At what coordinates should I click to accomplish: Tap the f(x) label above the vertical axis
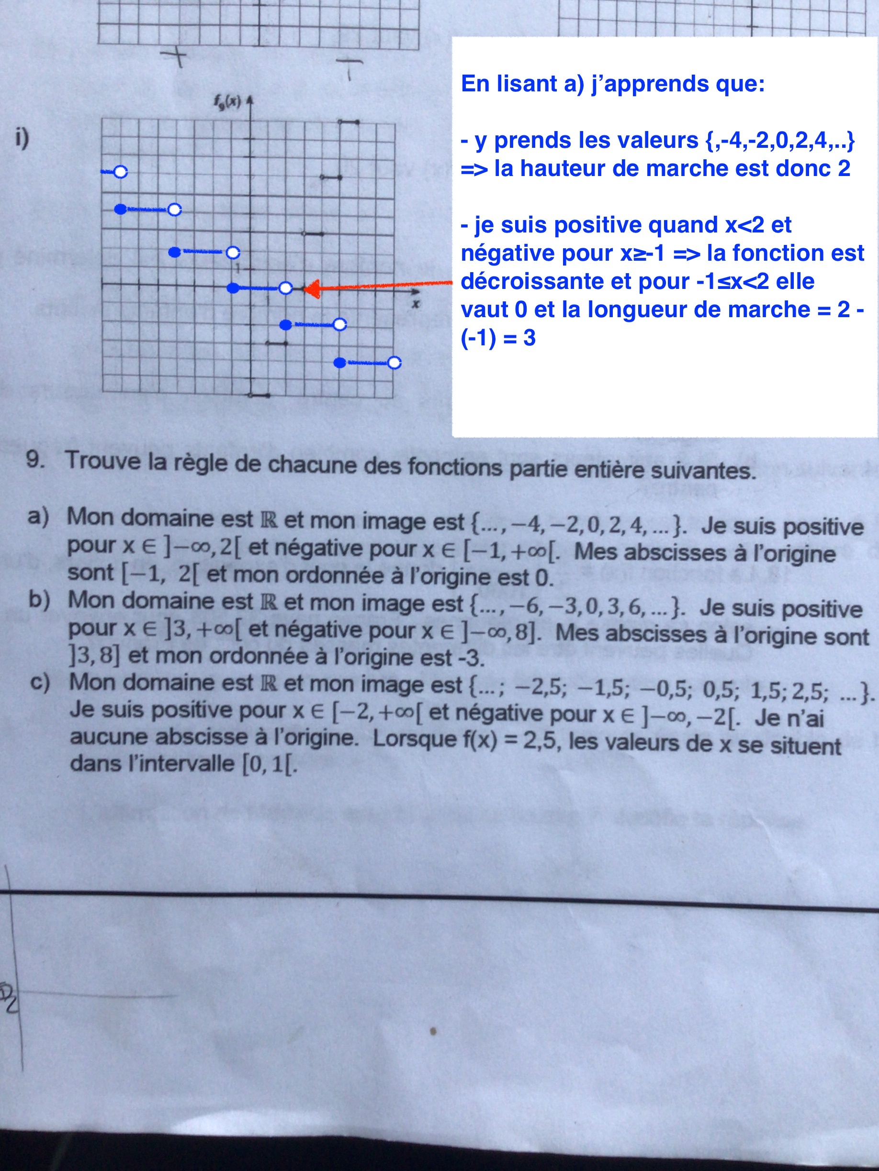228,101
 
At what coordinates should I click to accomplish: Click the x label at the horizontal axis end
416,304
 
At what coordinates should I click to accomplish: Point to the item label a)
38,516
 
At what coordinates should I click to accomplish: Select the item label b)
39,599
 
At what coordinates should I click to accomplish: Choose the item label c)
40,681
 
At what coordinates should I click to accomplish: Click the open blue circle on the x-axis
286,288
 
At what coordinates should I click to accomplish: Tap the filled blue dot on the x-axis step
233,288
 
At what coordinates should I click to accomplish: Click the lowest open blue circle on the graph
394,363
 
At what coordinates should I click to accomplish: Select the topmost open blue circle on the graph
121,172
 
